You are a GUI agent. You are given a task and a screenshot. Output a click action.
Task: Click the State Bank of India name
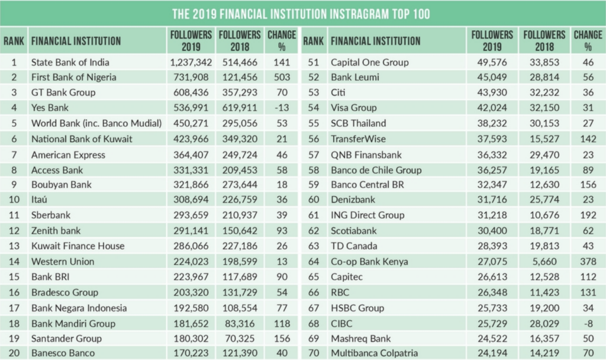(70, 62)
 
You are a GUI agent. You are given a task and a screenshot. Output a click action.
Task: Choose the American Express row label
(68, 155)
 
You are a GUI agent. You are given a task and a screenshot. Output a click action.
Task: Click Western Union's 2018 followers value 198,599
(239, 261)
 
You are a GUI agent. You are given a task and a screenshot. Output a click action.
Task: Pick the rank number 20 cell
(14, 353)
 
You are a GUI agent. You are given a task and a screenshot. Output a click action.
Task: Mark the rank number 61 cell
(314, 215)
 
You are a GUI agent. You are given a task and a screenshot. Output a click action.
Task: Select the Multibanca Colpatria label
(374, 353)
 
